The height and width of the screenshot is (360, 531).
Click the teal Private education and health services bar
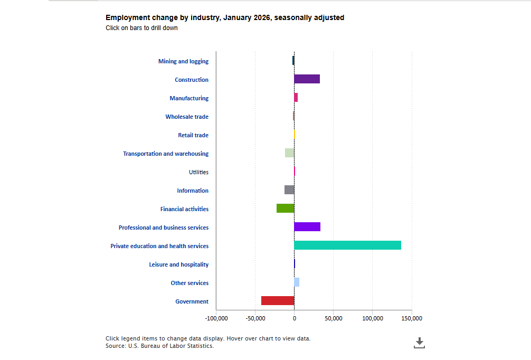347,245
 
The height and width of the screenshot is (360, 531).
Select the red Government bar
278,301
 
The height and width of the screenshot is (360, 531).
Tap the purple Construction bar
307,79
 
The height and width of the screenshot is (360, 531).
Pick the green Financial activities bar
285,209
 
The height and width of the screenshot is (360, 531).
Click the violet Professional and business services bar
307,227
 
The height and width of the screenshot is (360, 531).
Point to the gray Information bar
289,190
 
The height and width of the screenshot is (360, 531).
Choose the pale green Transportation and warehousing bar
289,153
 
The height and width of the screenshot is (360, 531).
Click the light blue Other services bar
297,282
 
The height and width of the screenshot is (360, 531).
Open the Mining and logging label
183,61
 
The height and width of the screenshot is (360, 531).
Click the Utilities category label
198,172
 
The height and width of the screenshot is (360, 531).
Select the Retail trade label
193,135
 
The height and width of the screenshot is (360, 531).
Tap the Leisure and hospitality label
178,264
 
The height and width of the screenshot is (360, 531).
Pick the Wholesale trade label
187,117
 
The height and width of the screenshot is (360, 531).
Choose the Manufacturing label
189,98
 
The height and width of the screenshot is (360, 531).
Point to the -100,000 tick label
216,318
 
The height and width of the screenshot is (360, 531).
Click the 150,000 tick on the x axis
411,318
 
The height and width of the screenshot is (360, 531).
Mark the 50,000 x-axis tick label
333,318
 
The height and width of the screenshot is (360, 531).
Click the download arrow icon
420,343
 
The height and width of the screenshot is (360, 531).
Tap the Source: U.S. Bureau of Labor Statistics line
159,346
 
